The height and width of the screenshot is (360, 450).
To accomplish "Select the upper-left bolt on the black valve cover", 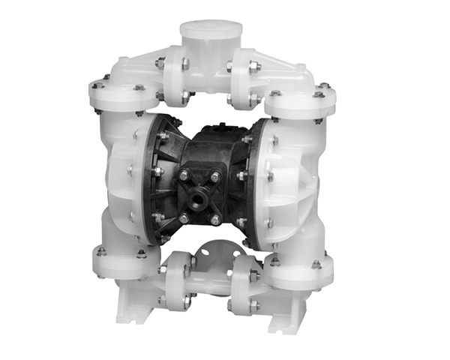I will pyautogui.click(x=184, y=175).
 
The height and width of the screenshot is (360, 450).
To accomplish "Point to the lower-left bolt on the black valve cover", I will pyautogui.click(x=184, y=217).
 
